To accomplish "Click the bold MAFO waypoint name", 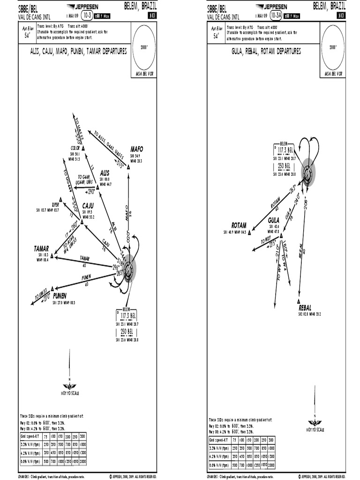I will [x=136, y=149].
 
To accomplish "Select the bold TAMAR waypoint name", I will [x=41, y=248].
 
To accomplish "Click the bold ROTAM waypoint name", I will [x=239, y=225].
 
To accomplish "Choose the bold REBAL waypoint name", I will [x=305, y=308].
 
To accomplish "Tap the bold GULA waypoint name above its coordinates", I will [x=274, y=219].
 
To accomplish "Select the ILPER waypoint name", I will [x=55, y=205].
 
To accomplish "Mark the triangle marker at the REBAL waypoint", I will [x=299, y=301].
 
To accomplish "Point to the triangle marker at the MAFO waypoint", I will [x=128, y=166].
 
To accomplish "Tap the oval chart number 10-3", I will [x=87, y=15].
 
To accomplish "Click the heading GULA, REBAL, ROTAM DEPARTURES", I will [x=266, y=51].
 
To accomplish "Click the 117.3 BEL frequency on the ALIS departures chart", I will [x=127, y=315].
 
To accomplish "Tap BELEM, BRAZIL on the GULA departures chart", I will [x=328, y=6].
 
